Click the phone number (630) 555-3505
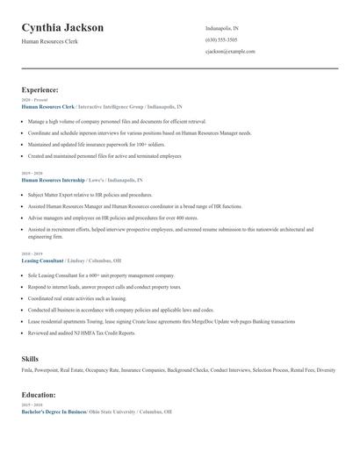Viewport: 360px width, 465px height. point(221,40)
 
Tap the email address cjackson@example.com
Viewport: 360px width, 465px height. point(230,52)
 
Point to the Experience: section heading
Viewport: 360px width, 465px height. point(40,89)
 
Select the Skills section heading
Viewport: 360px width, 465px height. point(30,359)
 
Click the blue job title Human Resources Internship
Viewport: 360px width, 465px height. point(54,179)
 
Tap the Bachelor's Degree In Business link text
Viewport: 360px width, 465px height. point(54,411)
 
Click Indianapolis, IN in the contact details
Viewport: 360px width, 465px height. point(222,28)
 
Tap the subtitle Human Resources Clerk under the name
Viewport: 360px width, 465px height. point(50,41)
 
